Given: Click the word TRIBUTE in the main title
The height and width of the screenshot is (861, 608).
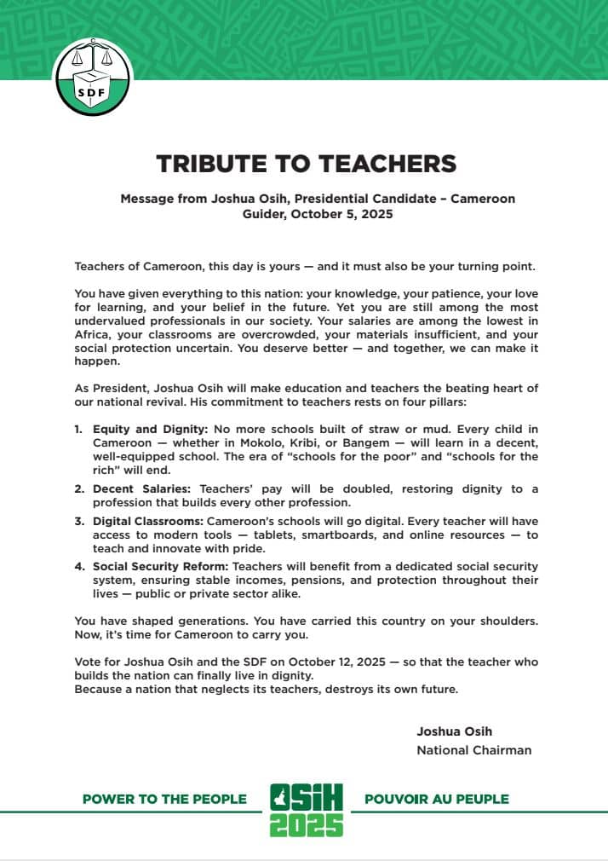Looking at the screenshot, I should point(215,164).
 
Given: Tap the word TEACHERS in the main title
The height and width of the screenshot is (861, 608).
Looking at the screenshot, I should point(377,164).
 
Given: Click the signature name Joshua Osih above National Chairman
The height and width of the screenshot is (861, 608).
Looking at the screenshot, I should point(454,731).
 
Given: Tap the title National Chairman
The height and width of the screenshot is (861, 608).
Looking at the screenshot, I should point(473,750).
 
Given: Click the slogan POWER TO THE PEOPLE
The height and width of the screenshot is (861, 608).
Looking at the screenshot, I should point(164,800).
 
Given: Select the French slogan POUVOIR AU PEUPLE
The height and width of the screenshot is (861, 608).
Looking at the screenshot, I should point(436,800).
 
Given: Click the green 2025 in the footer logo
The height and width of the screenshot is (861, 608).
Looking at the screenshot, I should point(307,823).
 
